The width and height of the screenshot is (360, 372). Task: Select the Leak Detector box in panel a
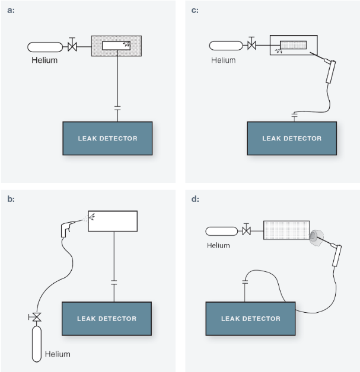click(x=107, y=139)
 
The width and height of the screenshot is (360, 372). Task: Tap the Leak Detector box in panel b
click(x=107, y=319)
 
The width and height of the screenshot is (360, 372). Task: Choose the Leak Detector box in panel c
click(x=292, y=139)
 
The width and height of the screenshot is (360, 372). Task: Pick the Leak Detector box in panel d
click(x=250, y=319)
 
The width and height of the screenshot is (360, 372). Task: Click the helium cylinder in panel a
click(x=45, y=46)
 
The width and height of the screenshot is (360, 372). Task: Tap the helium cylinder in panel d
click(x=221, y=232)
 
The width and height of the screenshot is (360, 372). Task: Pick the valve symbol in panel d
click(x=246, y=231)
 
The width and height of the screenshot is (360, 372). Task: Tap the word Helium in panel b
click(x=58, y=354)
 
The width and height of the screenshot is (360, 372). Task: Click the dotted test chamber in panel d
click(x=286, y=230)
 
